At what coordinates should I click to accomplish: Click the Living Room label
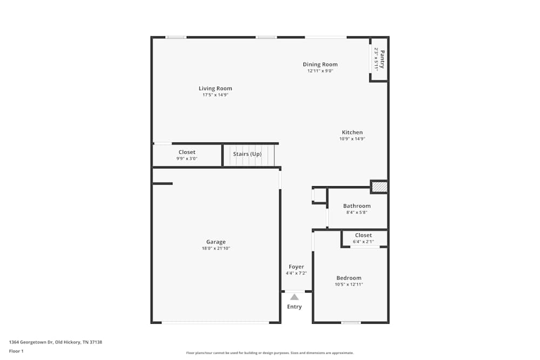(215, 89)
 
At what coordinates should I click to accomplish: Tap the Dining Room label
(320, 64)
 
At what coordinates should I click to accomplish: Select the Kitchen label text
(352, 132)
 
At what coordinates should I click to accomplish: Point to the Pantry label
(382, 59)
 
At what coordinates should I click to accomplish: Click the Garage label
(215, 242)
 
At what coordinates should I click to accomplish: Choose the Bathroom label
(357, 206)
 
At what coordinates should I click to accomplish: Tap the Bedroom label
(349, 278)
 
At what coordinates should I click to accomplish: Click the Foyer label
(296, 267)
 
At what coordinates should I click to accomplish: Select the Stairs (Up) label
(247, 154)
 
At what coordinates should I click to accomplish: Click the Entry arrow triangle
(294, 297)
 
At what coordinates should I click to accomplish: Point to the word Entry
(294, 307)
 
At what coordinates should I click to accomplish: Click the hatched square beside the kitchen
(379, 187)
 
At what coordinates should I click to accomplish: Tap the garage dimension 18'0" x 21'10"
(215, 248)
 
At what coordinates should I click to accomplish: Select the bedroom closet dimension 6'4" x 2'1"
(363, 241)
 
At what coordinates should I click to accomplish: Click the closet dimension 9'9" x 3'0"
(187, 159)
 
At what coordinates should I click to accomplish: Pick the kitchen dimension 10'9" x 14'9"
(352, 139)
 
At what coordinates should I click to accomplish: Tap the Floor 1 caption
(16, 351)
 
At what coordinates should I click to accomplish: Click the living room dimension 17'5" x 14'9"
(215, 95)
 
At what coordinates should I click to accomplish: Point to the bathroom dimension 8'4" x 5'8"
(357, 212)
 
